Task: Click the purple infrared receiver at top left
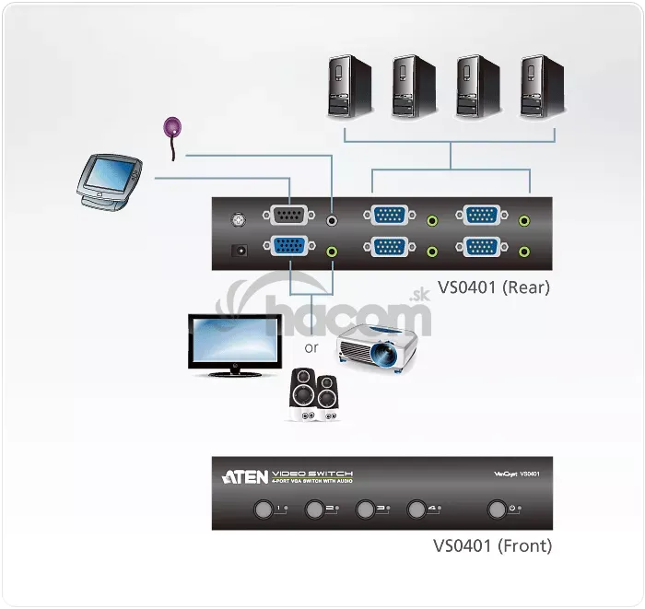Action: [x=172, y=128]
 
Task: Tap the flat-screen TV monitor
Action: [x=235, y=342]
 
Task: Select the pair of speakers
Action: [x=313, y=397]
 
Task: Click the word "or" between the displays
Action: [x=311, y=348]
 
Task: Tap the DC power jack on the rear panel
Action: [x=240, y=249]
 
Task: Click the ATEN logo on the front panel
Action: [x=245, y=477]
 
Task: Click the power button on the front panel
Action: [x=498, y=508]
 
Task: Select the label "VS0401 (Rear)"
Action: [x=494, y=287]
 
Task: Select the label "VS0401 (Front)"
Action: [x=493, y=545]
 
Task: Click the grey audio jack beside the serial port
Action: [x=334, y=219]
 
